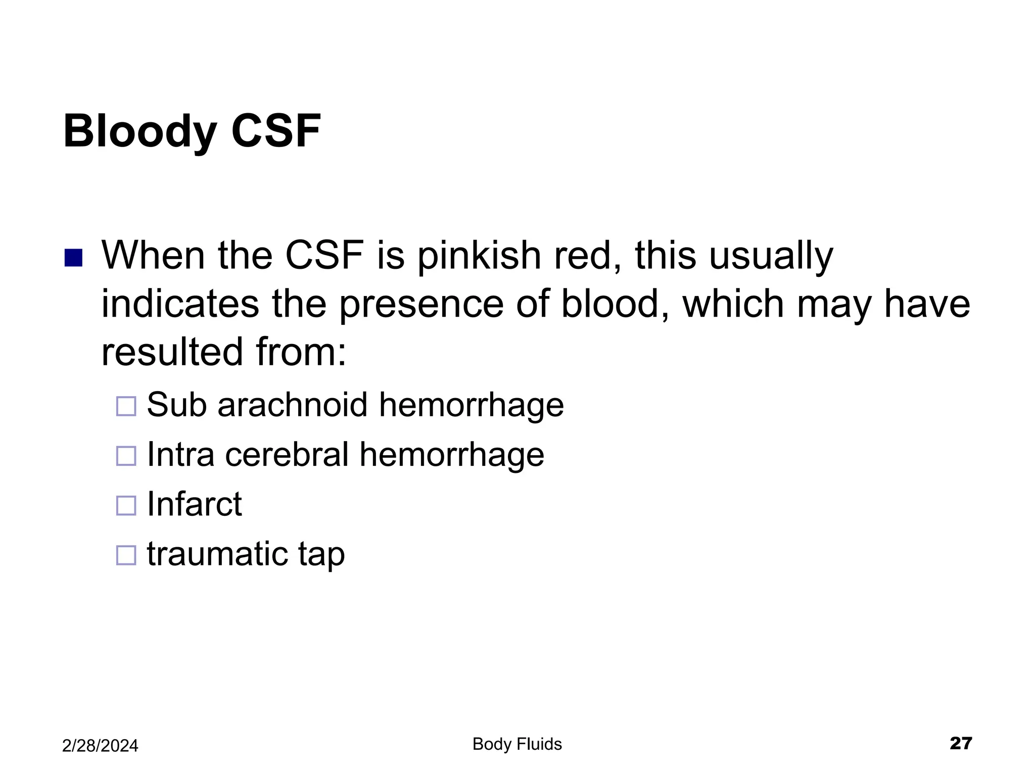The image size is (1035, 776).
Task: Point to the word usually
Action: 771,256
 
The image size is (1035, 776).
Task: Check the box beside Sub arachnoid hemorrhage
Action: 126,406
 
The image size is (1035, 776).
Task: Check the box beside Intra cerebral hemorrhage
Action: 126,456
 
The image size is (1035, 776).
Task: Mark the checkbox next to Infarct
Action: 126,505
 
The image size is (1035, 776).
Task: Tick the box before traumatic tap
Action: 126,555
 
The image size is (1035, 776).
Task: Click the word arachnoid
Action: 292,405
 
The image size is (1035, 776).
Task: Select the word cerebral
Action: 287,454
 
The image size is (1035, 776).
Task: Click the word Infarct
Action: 194,504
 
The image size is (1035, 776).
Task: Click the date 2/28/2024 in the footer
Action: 100,746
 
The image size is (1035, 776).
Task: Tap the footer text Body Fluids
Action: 517,744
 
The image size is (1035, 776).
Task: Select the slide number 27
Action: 961,743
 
